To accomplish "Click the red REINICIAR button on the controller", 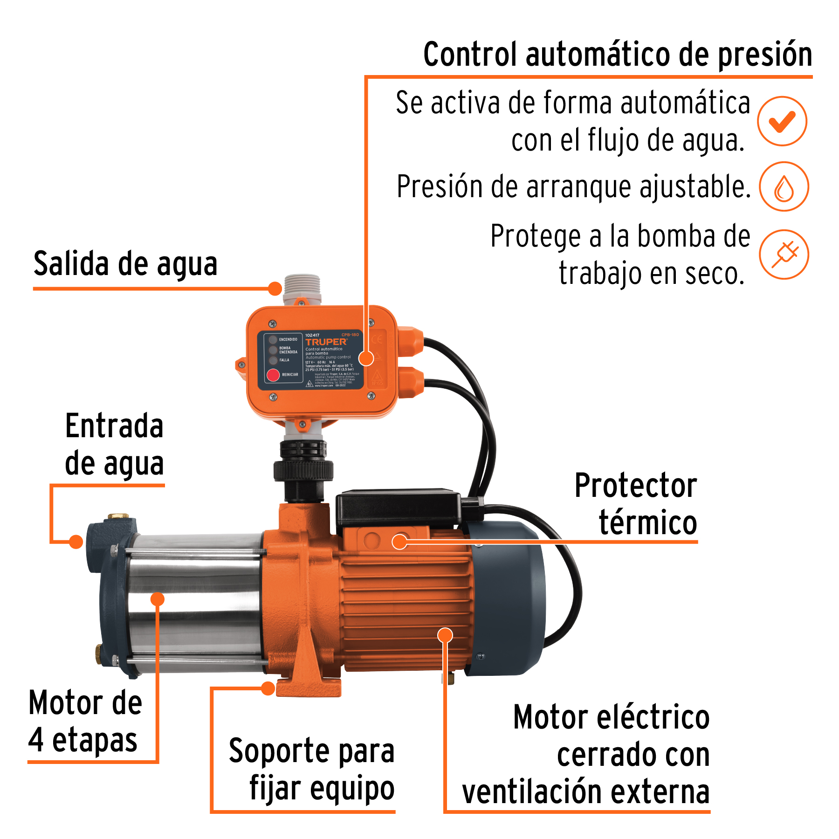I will (x=273, y=375).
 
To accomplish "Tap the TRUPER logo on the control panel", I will (x=326, y=342).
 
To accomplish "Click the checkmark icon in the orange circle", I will (x=782, y=121).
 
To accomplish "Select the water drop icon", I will (x=784, y=187).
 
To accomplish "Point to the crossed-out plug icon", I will (x=784, y=254).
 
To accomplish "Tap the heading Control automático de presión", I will (x=617, y=55).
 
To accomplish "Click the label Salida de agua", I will (x=125, y=264).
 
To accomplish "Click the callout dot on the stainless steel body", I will (x=158, y=599).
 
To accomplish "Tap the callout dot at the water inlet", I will (x=76, y=542).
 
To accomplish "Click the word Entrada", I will (x=114, y=426).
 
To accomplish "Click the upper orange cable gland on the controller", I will (x=411, y=341).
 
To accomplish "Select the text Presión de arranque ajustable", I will (x=573, y=187).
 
